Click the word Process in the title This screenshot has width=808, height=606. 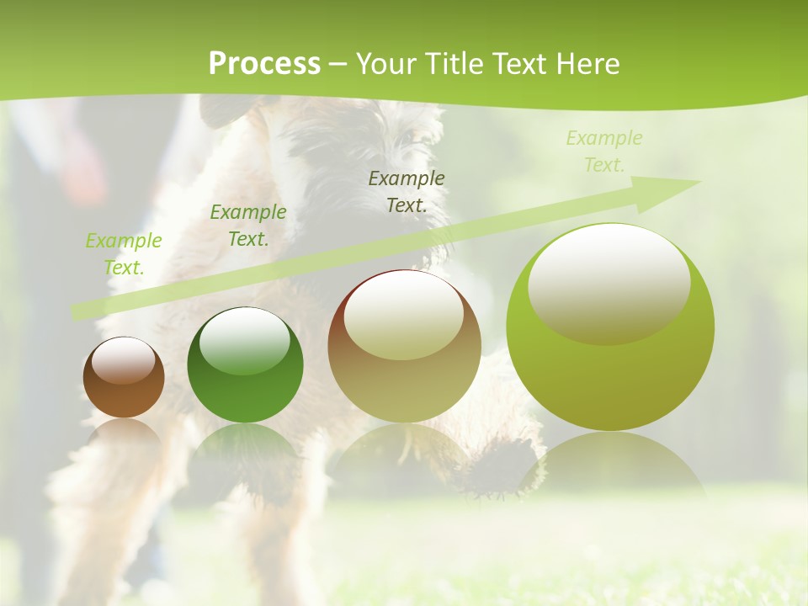264,64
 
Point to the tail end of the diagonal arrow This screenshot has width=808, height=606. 77,312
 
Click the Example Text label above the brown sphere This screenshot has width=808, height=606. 124,254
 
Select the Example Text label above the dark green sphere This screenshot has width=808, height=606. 248,226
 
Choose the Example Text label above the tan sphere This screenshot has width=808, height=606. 407,191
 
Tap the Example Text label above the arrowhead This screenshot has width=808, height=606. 603,151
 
